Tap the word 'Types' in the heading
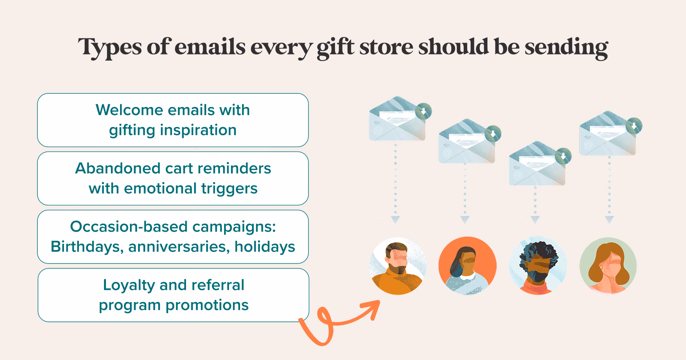[110, 48]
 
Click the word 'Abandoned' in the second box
[118, 168]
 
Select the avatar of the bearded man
[398, 266]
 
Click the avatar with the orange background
[468, 266]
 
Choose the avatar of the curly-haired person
[538, 266]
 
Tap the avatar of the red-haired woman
[608, 266]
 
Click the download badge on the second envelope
[493, 133]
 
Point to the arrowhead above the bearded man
[396, 219]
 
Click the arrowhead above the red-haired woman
[609, 219]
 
